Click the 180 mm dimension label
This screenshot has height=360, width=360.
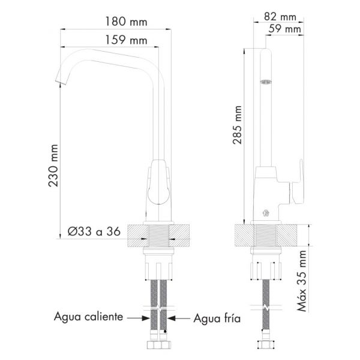tap(126, 22)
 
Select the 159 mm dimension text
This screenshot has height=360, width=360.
tap(126, 40)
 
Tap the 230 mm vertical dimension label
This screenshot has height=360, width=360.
tap(53, 166)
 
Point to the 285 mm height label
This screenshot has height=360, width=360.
tap(237, 125)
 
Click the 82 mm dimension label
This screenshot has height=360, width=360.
tap(280, 17)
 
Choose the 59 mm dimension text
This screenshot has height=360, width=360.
tap(284, 29)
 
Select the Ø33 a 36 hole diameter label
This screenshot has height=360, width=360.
tap(94, 232)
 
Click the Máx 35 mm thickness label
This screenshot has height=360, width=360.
tap(302, 281)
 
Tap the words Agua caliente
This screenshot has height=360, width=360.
tap(89, 317)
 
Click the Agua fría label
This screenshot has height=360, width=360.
tap(217, 319)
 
